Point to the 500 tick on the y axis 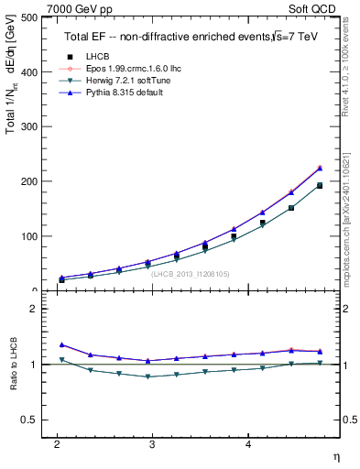28,17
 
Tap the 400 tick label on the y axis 28,71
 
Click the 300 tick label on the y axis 28,126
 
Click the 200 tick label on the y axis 28,181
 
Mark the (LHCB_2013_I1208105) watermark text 190,273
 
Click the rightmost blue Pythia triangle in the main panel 320,168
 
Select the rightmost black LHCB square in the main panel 320,185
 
